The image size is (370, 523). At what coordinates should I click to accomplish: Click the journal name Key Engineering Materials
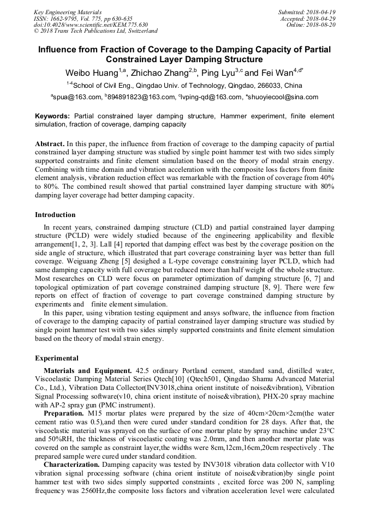(68, 11)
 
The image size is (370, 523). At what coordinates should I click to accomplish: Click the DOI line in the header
(91, 25)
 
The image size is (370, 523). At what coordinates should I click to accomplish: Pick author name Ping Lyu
(220, 73)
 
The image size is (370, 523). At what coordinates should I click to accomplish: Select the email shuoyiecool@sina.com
(283, 98)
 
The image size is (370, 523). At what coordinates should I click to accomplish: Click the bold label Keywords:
(52, 117)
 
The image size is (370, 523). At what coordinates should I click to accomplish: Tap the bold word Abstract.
(49, 144)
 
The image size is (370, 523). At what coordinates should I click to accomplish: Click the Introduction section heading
(55, 215)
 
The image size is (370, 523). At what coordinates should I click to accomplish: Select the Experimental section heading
(57, 358)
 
